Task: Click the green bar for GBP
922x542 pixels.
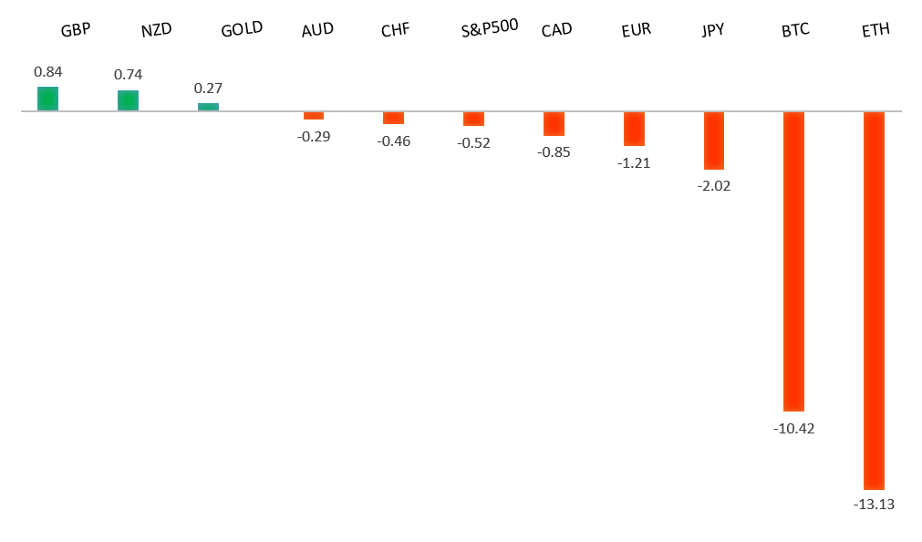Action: pyautogui.click(x=47, y=99)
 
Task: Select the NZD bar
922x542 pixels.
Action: pyautogui.click(x=128, y=100)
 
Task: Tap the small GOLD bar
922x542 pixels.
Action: pyautogui.click(x=208, y=107)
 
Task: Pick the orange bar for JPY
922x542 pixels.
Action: pyautogui.click(x=713, y=141)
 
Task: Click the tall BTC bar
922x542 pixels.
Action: pyautogui.click(x=793, y=261)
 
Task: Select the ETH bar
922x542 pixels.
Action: pyautogui.click(x=874, y=300)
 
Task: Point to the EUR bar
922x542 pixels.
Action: pyautogui.click(x=634, y=129)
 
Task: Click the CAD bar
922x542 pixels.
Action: pyautogui.click(x=554, y=123)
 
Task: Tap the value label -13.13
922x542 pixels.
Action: pyautogui.click(x=874, y=505)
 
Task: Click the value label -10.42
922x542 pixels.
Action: pyautogui.click(x=793, y=427)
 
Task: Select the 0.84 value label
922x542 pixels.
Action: pyautogui.click(x=47, y=72)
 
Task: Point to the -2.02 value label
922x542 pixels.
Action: pyautogui.click(x=713, y=186)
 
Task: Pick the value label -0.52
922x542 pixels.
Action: pyautogui.click(x=473, y=143)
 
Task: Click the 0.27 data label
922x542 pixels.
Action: pyautogui.click(x=208, y=89)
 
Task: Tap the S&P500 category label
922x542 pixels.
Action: pyautogui.click(x=490, y=26)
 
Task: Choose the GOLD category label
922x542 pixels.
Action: pyautogui.click(x=242, y=29)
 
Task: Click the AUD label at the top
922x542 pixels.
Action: pyautogui.click(x=317, y=30)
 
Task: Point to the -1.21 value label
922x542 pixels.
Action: pyautogui.click(x=634, y=163)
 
